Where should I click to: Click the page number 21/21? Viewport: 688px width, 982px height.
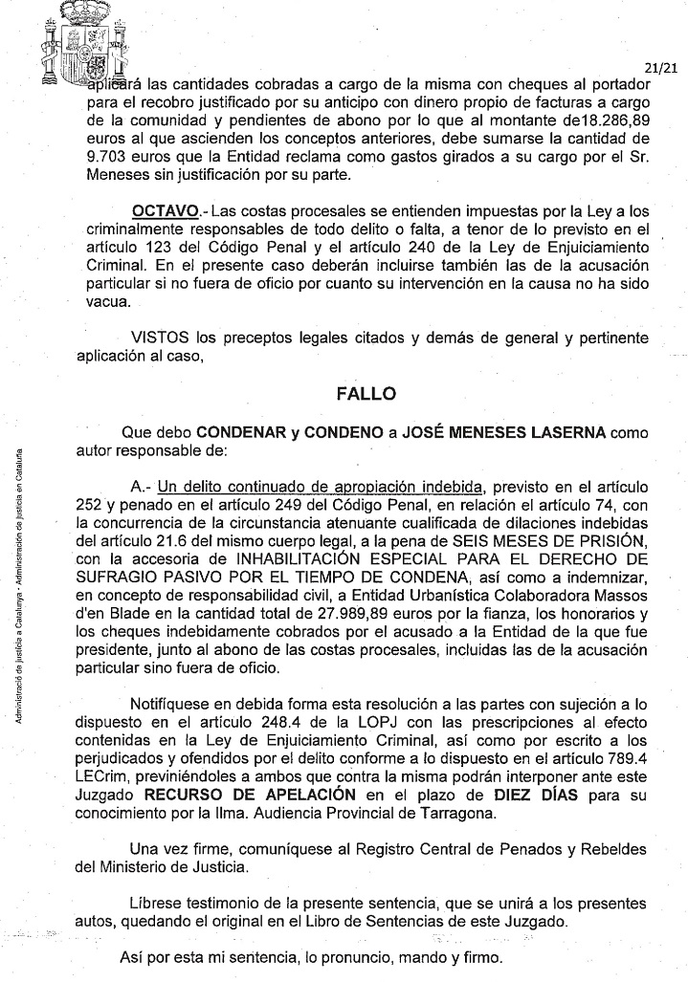[660, 69]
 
